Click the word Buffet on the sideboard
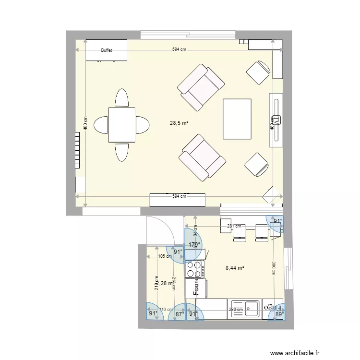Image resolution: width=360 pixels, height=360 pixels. click(x=106, y=50)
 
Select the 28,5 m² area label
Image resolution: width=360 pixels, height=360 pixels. click(x=179, y=123)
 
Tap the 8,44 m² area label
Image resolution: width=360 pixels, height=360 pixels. click(x=235, y=268)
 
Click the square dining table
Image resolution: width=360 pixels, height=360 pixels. click(x=122, y=125)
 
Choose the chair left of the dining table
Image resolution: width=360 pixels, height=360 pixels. click(x=101, y=125)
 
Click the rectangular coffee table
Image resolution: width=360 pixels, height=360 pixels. click(x=237, y=119)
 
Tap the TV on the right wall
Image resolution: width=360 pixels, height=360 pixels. click(x=276, y=120)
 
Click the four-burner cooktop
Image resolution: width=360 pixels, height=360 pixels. click(x=194, y=269)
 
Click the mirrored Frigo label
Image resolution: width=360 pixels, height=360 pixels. click(x=271, y=306)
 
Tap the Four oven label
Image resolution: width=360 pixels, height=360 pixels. click(x=196, y=288)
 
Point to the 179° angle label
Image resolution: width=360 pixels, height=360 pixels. click(x=193, y=245)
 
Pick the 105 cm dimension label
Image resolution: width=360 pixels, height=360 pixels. click(x=165, y=256)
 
